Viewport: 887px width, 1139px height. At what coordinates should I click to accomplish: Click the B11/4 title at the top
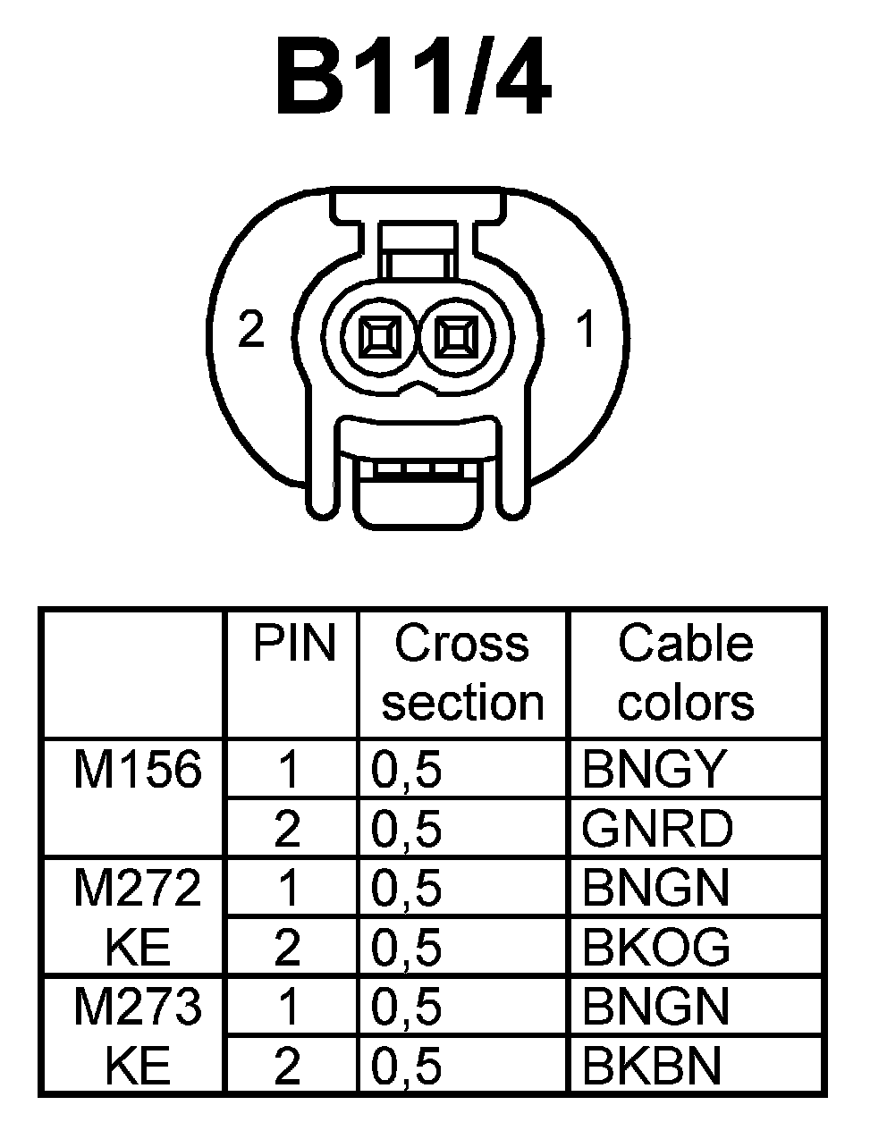point(413,80)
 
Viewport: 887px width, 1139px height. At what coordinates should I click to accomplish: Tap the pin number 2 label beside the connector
point(251,331)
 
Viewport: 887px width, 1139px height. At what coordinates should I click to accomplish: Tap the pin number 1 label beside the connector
point(586,331)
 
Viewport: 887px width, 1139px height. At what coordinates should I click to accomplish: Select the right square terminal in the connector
point(456,339)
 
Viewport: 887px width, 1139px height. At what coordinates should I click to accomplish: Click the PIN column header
point(294,644)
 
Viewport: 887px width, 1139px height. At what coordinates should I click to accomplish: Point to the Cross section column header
point(462,672)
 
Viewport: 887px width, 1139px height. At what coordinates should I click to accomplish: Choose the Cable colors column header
point(686,672)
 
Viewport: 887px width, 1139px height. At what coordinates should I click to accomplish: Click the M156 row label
point(137,769)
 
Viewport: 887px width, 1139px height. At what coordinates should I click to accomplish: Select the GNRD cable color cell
point(656,829)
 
